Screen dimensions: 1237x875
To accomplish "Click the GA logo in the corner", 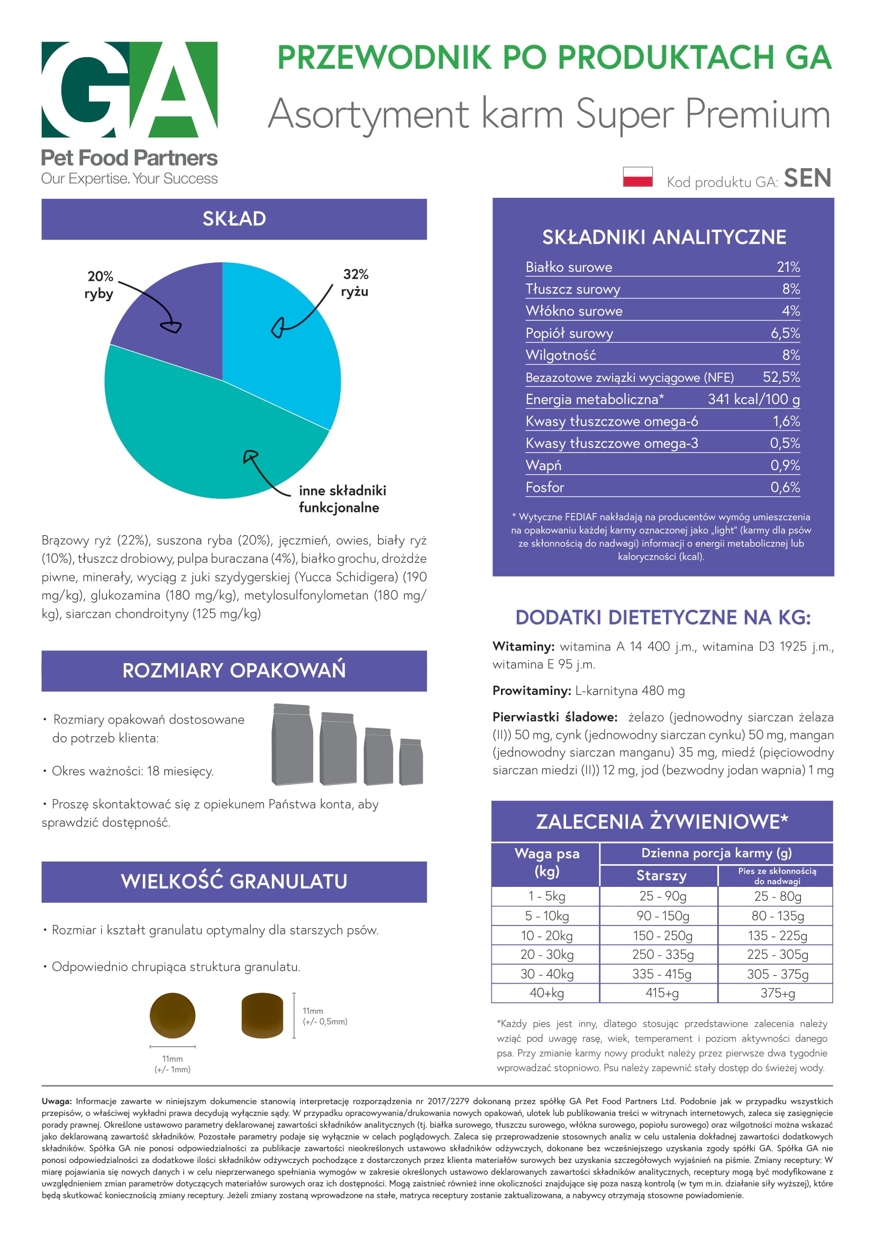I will point(129,89).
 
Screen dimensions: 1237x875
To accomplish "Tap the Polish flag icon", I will point(637,176).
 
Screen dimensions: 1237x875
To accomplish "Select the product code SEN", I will point(807,178).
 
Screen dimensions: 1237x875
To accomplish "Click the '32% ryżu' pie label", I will point(355,283).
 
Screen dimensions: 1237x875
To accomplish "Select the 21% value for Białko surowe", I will point(788,267).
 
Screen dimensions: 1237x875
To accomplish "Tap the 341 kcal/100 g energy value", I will point(753,399).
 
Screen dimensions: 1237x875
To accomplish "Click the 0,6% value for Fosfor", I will point(785,488).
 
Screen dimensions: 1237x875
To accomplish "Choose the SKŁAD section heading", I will point(234,219).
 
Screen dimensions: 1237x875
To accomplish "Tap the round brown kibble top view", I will point(172,1015).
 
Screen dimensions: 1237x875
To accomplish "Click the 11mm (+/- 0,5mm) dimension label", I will point(324,1016).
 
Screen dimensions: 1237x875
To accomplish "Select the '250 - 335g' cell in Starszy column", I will point(663,955).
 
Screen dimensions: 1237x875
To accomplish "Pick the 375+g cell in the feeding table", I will point(777,993).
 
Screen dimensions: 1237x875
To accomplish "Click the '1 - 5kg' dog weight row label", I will point(546,896).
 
